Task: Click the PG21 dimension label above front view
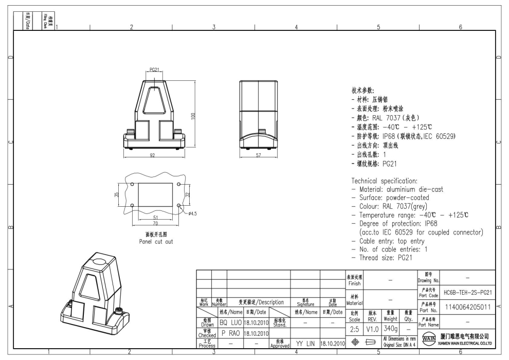coord(155,69)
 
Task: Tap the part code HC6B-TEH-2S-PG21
coord(467,292)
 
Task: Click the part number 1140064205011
coord(467,307)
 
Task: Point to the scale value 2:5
coord(355,328)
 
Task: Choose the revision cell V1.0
coord(373,328)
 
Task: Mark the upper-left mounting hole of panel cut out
coord(133,184)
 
